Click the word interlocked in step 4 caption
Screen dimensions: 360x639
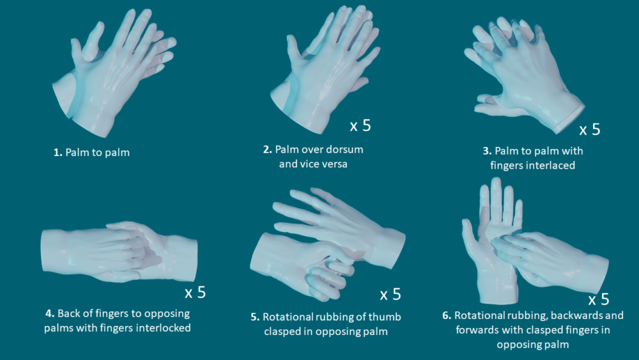coord(162,328)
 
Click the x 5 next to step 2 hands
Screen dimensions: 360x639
coord(360,125)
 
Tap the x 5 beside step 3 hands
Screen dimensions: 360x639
coord(589,129)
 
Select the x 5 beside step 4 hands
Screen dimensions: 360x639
coord(195,293)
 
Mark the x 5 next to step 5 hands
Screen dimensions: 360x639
coord(390,294)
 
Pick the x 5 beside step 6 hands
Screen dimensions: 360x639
coord(598,299)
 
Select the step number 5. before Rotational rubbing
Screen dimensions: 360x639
coord(256,317)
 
